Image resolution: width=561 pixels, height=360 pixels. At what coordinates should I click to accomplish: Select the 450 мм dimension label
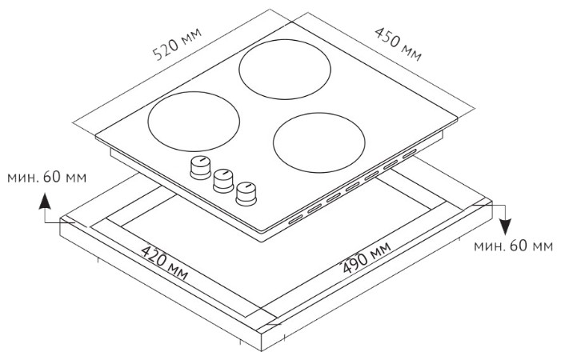(x=398, y=43)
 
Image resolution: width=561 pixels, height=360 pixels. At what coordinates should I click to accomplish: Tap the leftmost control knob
(x=197, y=167)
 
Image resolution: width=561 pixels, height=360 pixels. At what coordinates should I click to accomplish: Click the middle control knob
(x=221, y=179)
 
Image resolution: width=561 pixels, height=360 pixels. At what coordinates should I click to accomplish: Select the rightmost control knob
(x=246, y=192)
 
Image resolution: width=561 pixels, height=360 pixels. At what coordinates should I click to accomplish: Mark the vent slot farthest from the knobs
(x=409, y=154)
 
